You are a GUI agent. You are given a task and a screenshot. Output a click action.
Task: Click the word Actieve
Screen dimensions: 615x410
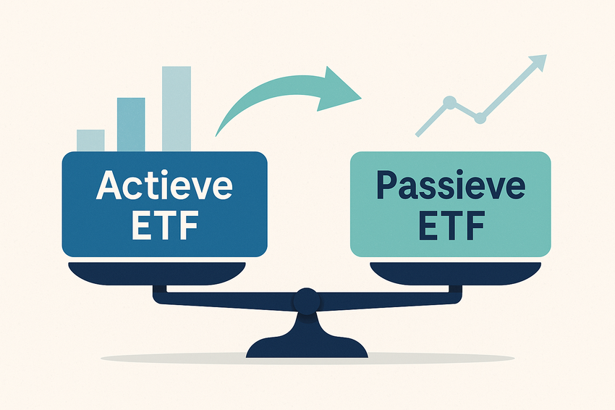click(164, 185)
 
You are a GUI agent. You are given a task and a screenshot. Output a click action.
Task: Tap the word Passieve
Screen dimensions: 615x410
click(451, 185)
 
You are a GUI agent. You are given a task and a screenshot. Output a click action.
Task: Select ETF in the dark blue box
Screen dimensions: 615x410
click(165, 226)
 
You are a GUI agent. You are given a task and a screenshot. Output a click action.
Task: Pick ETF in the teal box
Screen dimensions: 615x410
click(451, 226)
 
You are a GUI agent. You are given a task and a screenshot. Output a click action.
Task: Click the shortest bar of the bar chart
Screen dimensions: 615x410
click(90, 141)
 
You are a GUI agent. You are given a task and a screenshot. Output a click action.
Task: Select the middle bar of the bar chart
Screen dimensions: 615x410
click(131, 125)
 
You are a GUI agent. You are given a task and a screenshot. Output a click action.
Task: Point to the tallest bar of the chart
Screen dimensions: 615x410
click(177, 109)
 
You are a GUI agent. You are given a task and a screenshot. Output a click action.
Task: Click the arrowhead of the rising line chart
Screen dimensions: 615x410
click(538, 62)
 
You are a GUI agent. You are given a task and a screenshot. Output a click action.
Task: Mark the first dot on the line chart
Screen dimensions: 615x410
click(449, 103)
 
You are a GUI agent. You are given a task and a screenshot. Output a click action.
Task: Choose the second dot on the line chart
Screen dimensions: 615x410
click(480, 117)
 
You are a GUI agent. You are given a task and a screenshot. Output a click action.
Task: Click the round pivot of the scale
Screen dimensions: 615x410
click(307, 301)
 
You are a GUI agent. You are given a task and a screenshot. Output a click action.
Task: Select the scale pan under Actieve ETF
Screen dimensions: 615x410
click(157, 273)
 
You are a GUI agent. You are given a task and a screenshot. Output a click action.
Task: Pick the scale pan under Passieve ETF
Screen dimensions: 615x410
click(455, 273)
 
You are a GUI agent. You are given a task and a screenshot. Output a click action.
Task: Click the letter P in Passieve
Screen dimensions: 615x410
click(387, 184)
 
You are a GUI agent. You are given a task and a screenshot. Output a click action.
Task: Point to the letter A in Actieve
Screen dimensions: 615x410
click(108, 185)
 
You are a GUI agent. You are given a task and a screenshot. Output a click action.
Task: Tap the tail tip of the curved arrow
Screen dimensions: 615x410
click(216, 136)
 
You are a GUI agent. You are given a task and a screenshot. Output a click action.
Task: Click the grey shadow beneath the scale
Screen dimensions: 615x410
click(307, 358)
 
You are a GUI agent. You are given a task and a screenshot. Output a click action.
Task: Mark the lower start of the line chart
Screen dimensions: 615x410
click(417, 135)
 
